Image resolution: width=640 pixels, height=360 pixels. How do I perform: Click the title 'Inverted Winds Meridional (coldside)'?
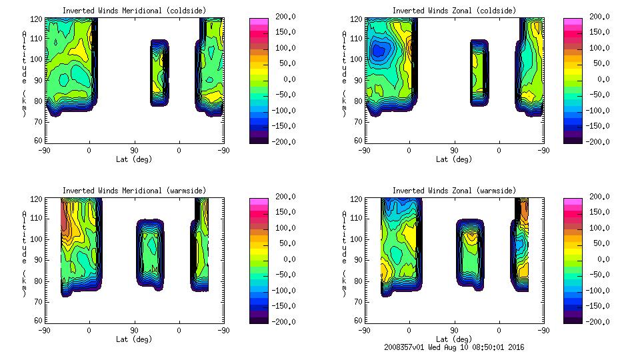tap(134, 10)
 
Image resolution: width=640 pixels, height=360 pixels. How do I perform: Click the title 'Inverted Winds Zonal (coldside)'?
tap(454, 10)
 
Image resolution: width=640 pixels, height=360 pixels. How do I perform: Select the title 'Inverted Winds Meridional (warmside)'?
tap(134, 191)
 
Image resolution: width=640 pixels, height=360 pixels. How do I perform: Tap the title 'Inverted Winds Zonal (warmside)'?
tap(454, 191)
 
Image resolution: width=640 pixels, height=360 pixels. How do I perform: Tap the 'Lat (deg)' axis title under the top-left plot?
tap(134, 159)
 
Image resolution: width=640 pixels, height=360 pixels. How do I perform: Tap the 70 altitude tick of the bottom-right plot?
tap(358, 301)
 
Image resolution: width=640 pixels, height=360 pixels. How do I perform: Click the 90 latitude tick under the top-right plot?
tap(454, 151)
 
